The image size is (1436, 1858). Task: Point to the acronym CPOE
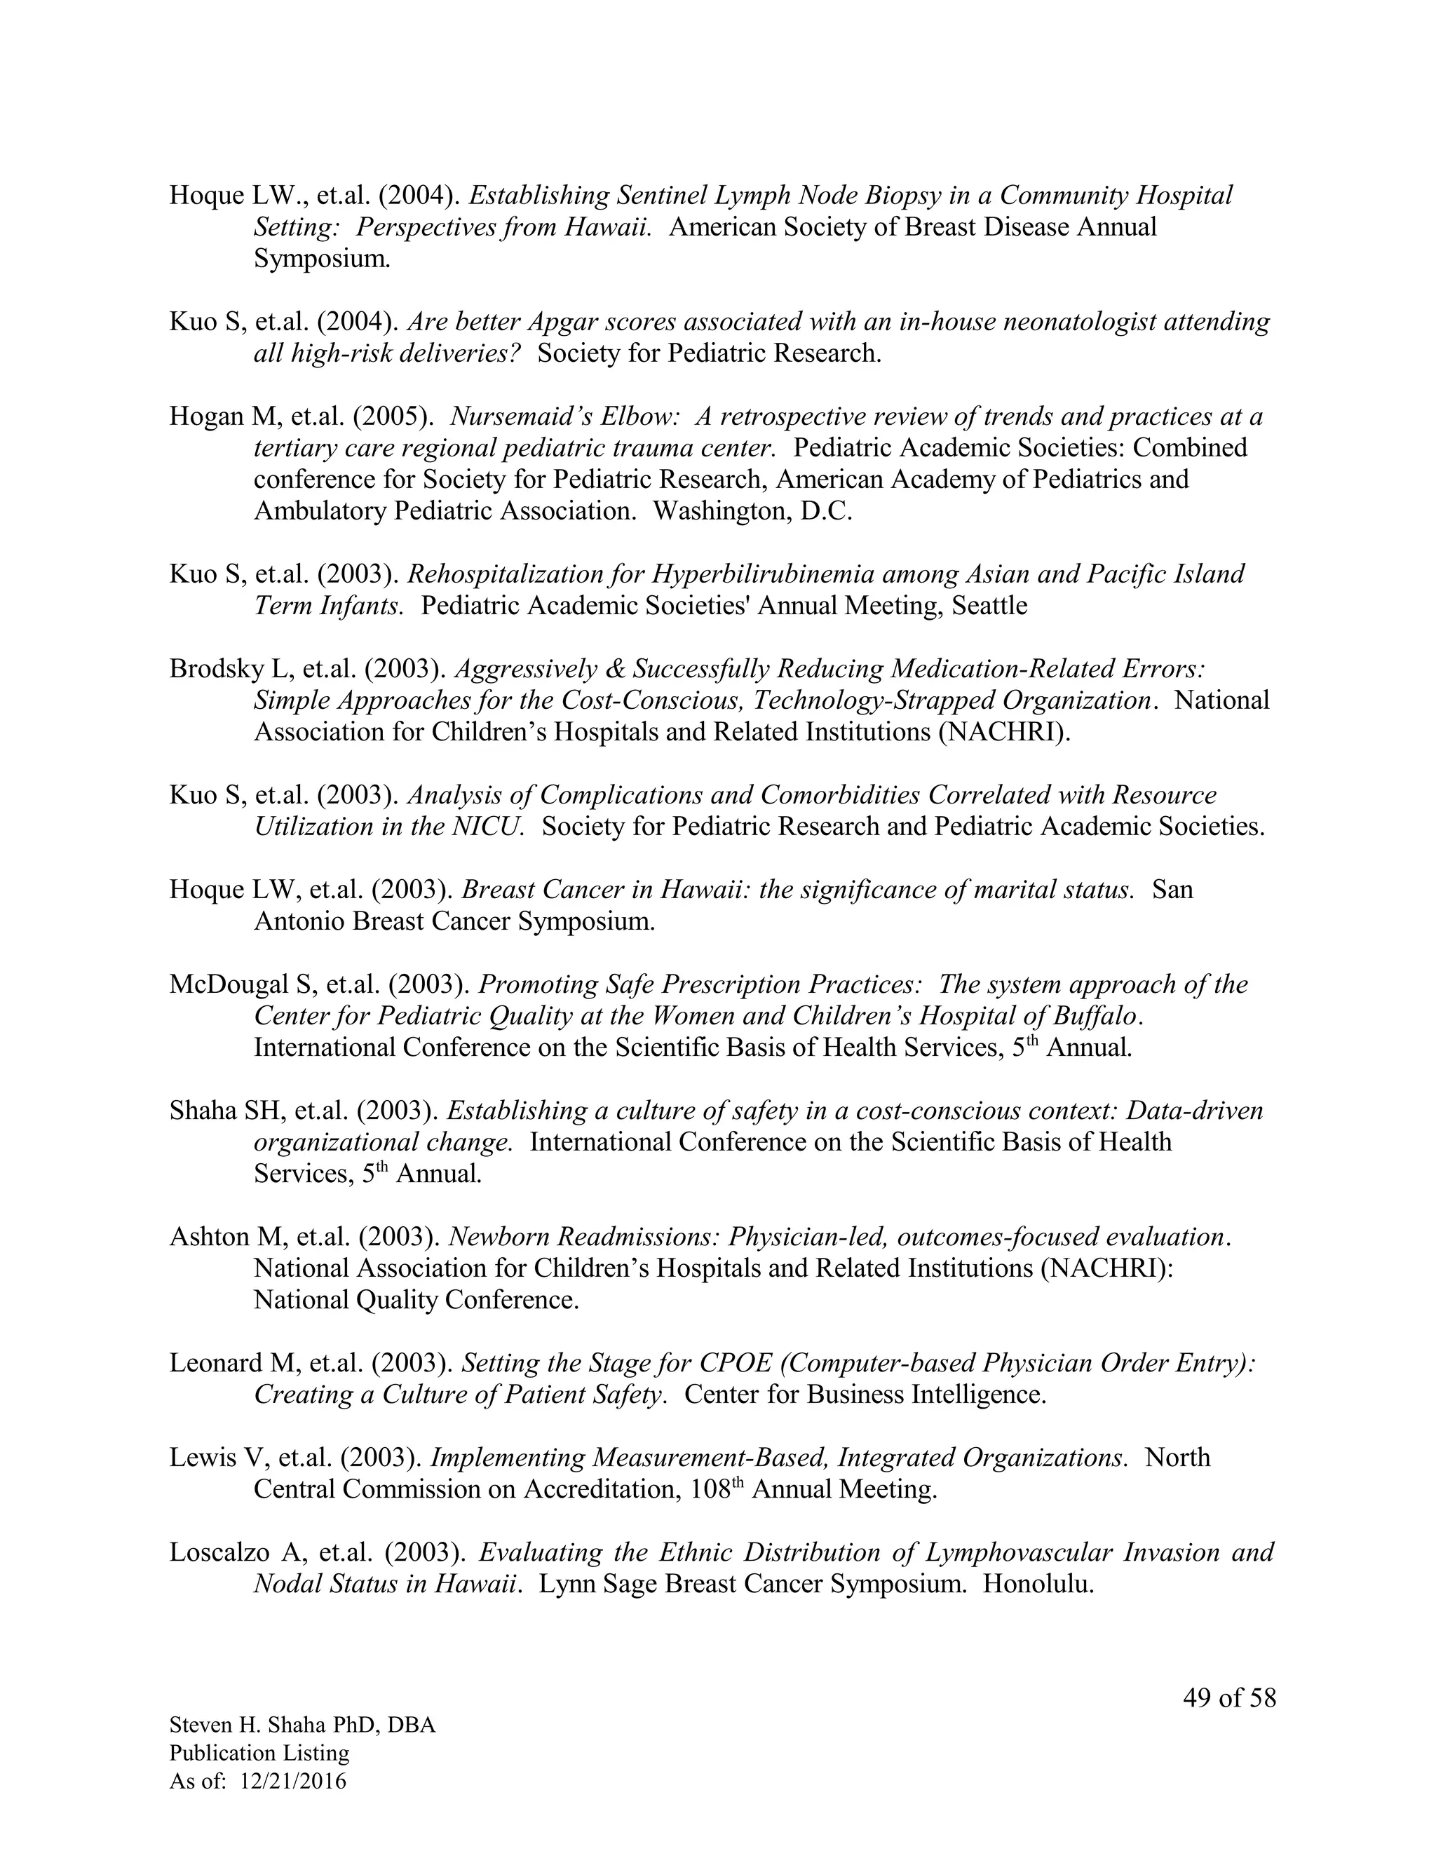tap(735, 1363)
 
